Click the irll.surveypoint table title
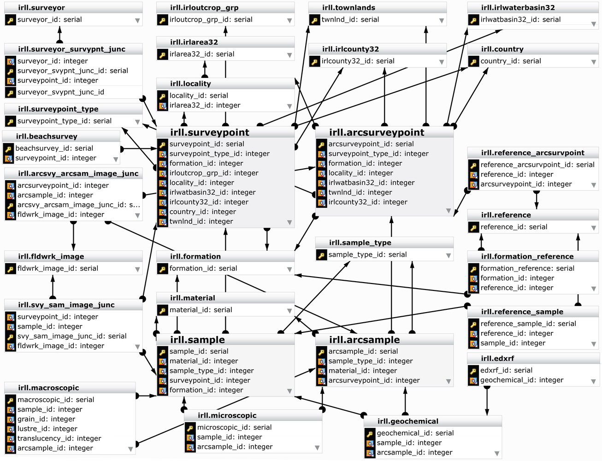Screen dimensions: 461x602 [210, 133]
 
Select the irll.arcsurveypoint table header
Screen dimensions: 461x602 [377, 133]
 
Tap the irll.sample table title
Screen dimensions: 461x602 [197, 340]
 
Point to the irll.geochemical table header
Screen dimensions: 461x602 [408, 421]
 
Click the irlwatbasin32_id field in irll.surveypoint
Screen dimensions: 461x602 [212, 192]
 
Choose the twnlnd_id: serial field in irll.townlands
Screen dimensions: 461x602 [350, 20]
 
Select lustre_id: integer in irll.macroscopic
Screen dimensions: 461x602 [47, 429]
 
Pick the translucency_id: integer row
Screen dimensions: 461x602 [59, 438]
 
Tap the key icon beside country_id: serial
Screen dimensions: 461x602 [473, 61]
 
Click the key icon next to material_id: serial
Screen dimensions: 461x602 [162, 310]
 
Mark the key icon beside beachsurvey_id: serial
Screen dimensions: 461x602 [8, 148]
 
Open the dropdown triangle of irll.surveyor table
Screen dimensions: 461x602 [137, 20]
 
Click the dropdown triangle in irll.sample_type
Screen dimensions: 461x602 [449, 255]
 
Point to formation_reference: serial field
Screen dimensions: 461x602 [527, 268]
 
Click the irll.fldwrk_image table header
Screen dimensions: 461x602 [51, 256]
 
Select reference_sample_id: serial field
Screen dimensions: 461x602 [528, 324]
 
